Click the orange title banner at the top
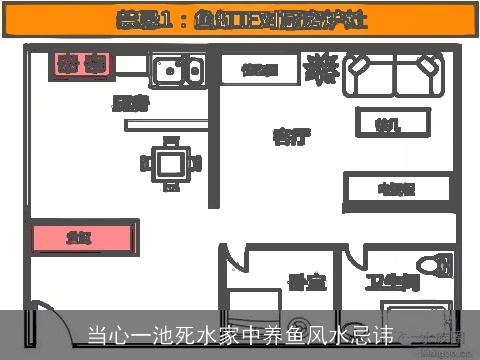point(240,19)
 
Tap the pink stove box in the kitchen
point(82,65)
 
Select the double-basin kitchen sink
point(177,69)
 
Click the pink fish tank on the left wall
point(83,238)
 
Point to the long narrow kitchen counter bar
point(166,124)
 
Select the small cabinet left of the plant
point(259,69)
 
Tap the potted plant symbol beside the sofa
point(320,68)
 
